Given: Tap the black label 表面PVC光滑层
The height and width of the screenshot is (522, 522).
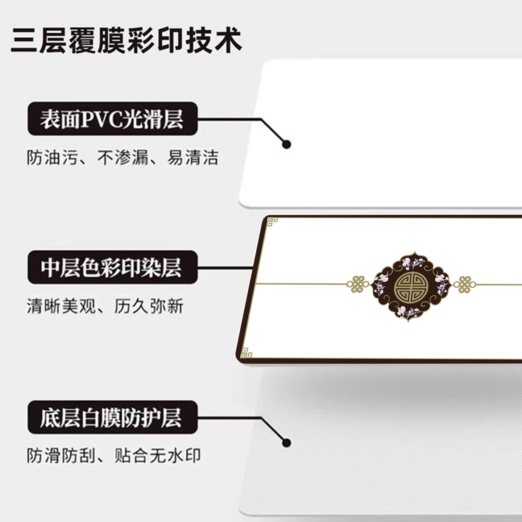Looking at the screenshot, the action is tap(112, 119).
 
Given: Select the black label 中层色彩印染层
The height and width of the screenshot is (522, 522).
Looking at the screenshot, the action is tap(112, 268).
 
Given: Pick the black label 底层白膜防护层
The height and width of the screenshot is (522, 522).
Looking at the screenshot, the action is tap(112, 417).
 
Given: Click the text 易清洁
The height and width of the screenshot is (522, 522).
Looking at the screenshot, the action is tap(193, 158).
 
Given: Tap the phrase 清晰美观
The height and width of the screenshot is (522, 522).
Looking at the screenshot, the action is tap(61, 306).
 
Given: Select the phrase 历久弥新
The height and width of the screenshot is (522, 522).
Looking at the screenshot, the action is tap(149, 306).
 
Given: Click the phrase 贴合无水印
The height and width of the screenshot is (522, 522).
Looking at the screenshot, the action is tap(157, 456).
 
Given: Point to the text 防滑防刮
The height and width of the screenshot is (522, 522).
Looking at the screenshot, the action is tap(61, 456).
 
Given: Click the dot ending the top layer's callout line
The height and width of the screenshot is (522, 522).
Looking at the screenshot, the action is tap(286, 144).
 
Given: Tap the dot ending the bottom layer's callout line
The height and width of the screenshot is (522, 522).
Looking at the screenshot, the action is tap(286, 443).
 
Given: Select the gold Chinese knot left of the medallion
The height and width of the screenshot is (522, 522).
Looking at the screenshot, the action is tap(358, 285).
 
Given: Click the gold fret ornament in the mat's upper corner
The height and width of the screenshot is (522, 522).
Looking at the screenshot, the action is tap(272, 221).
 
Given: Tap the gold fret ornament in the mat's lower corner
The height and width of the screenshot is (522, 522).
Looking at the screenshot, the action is tap(246, 352).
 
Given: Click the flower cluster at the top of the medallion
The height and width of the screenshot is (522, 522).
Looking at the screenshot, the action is tap(412, 262).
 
